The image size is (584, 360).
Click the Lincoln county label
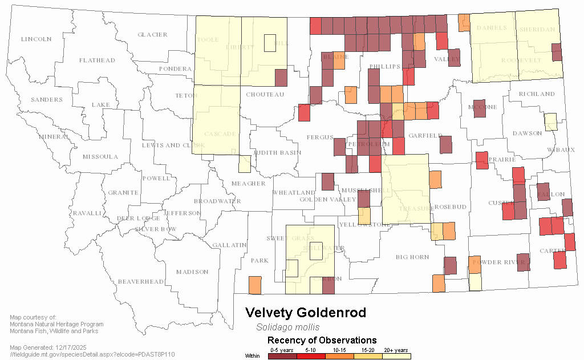pos(36,39)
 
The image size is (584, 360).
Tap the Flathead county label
pos(97,60)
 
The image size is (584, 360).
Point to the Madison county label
pos(192,272)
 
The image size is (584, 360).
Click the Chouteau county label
pos(265,95)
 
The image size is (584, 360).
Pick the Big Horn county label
pos(412,257)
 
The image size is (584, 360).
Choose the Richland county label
pos(537,94)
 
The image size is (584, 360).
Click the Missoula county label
pos(100,157)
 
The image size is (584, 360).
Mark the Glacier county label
pos(153,35)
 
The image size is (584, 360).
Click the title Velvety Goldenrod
pos(306,313)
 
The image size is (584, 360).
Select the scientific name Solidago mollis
pos(287,327)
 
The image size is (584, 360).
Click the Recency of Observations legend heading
pos(322,341)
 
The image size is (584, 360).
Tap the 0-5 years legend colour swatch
pos(282,356)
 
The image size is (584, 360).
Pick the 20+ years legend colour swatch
pos(396,356)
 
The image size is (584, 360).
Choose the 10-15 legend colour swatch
pos(339,356)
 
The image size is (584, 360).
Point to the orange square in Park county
pos(255,284)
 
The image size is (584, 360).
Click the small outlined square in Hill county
pos(270,43)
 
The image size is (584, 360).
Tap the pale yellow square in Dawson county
pos(550,122)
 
